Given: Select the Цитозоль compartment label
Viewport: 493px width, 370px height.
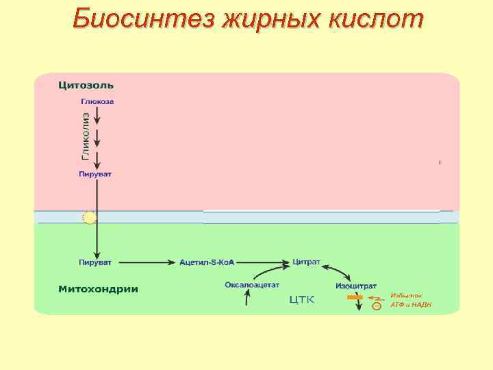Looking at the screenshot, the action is pos(86,86).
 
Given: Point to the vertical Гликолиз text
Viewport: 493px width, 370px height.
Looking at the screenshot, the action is pos(86,136).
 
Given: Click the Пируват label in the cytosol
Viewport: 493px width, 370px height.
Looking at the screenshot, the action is pos(95,174).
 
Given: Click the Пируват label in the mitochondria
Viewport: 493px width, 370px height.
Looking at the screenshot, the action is pos(95,262).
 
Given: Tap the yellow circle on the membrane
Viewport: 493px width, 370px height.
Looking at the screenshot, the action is pos(89,218).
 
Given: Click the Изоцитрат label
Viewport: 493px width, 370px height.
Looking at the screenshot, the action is pos(356,284).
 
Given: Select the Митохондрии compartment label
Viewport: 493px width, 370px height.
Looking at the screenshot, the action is pos(97,288).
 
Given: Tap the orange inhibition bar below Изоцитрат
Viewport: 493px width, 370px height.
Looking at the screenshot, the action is pos(355,297).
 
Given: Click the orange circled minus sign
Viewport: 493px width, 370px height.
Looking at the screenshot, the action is pos(376,306).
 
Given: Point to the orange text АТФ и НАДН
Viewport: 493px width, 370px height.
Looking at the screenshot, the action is pos(411,305).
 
